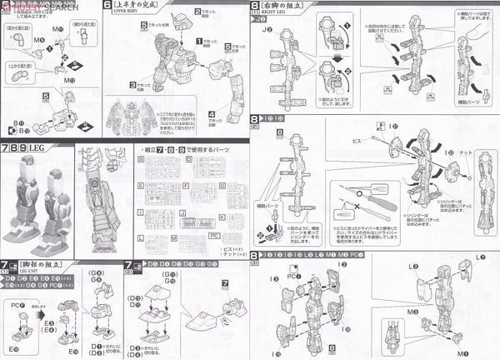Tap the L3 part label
412,265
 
